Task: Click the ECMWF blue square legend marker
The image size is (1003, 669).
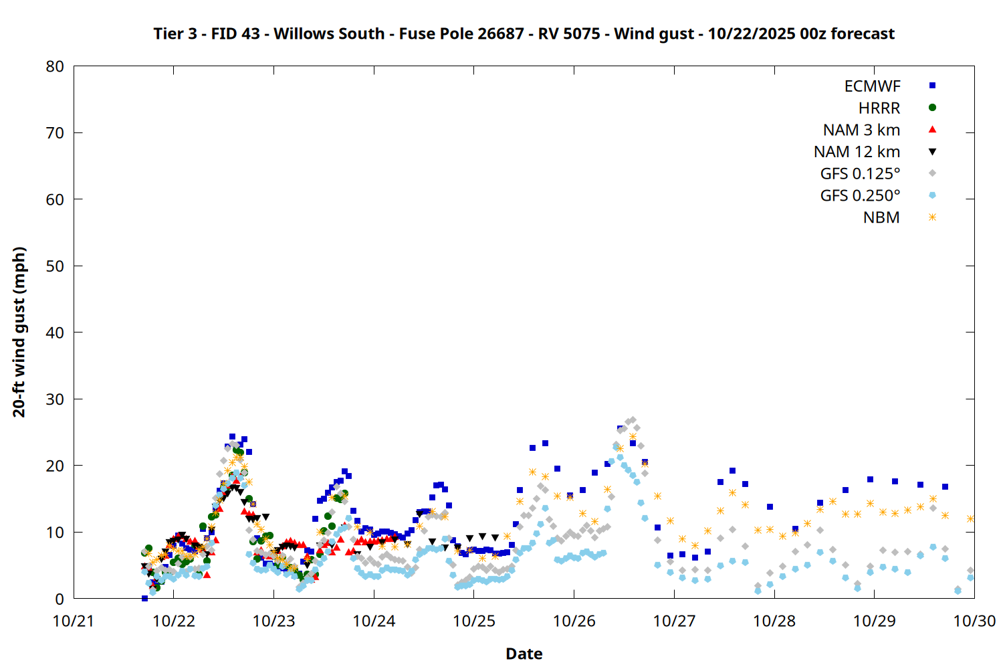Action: pos(932,86)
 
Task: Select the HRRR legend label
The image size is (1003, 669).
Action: pos(879,108)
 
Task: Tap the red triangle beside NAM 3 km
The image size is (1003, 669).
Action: pos(932,129)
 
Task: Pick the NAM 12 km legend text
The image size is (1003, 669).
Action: pos(857,152)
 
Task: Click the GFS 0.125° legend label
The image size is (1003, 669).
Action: pos(860,174)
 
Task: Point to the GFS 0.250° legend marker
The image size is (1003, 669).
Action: pos(932,195)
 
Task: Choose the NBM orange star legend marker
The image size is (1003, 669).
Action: pos(932,217)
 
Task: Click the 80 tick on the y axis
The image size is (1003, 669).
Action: pos(55,66)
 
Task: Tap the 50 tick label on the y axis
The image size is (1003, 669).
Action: pos(55,266)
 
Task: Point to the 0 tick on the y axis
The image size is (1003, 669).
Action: pos(60,599)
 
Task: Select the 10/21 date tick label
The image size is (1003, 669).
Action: pos(74,621)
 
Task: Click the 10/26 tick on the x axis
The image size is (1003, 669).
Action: pos(574,621)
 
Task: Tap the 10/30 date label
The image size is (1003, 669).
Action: pos(974,621)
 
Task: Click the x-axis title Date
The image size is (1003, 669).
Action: pos(524,654)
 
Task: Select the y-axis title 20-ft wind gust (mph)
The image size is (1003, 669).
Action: pos(19,332)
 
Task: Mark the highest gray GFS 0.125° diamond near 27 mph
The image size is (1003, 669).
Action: pos(633,420)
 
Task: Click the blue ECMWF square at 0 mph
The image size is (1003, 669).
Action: pos(144,598)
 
